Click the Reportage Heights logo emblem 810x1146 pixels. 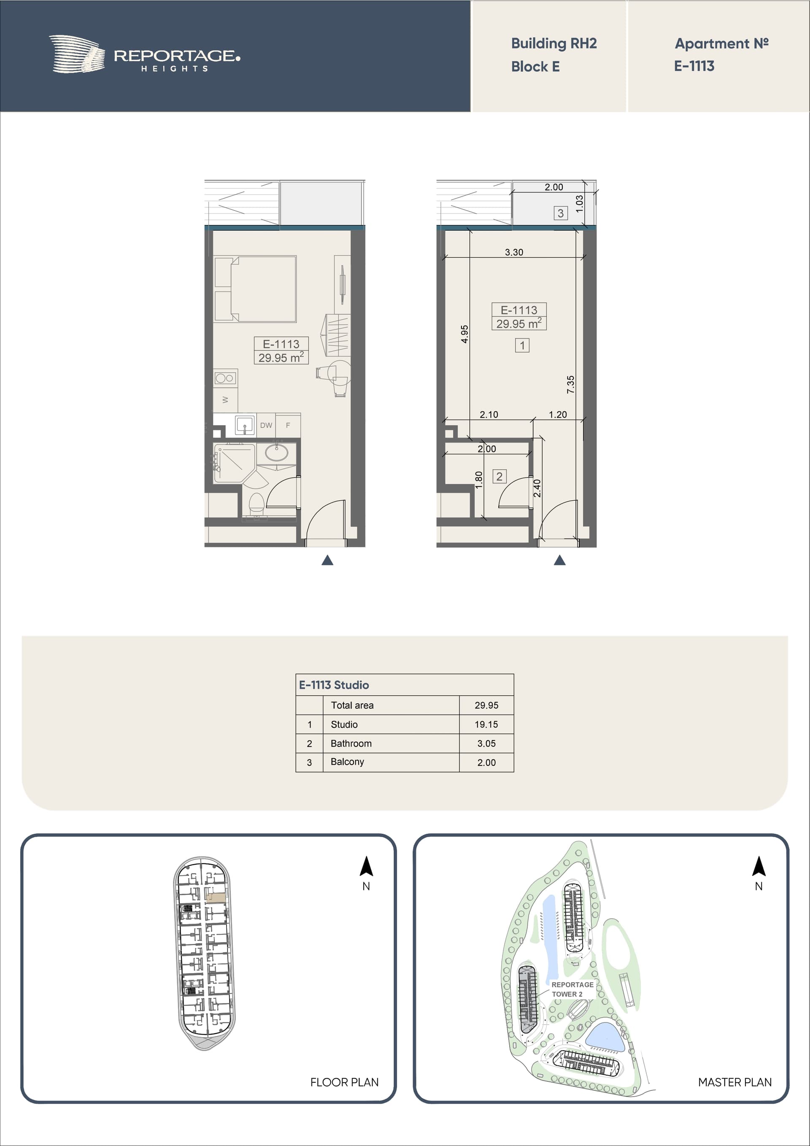[x=76, y=54]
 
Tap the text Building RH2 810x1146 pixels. [x=554, y=43]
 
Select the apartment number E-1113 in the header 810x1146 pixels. [x=694, y=66]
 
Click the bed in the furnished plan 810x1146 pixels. [x=255, y=289]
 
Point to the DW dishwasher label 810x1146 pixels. [x=266, y=425]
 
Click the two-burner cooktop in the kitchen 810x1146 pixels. [x=225, y=378]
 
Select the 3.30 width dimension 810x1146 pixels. [x=514, y=252]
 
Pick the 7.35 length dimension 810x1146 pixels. [x=570, y=384]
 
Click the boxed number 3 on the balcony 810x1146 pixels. [x=561, y=213]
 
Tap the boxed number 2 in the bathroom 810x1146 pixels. [x=499, y=476]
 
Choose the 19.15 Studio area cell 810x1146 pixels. [x=486, y=724]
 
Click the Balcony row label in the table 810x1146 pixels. [x=347, y=762]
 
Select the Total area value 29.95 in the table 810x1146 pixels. [x=486, y=705]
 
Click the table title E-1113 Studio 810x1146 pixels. [x=334, y=685]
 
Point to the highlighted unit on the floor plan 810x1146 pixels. [x=216, y=897]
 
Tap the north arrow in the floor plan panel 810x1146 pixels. [x=366, y=867]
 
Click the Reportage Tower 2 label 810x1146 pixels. [x=572, y=989]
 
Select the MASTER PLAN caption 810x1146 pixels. [x=734, y=1082]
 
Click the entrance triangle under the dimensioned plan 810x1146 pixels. [x=560, y=560]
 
